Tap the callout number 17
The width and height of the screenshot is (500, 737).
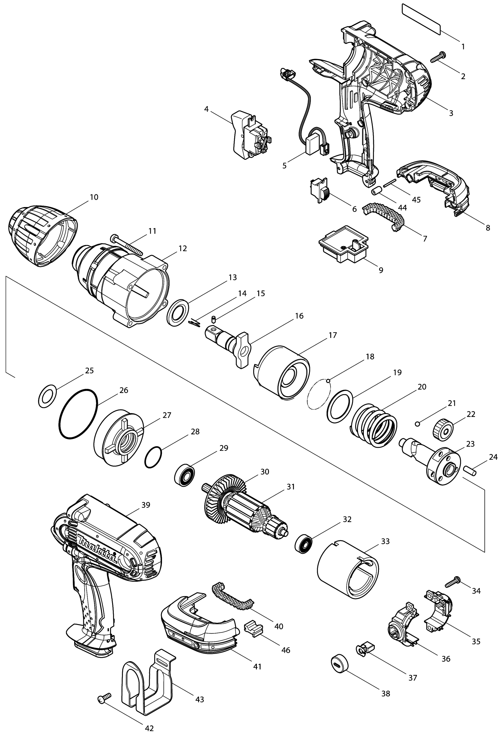pos(332,335)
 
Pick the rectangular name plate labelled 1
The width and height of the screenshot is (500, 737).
pos(421,19)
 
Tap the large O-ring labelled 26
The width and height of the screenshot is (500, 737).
pos(78,414)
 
